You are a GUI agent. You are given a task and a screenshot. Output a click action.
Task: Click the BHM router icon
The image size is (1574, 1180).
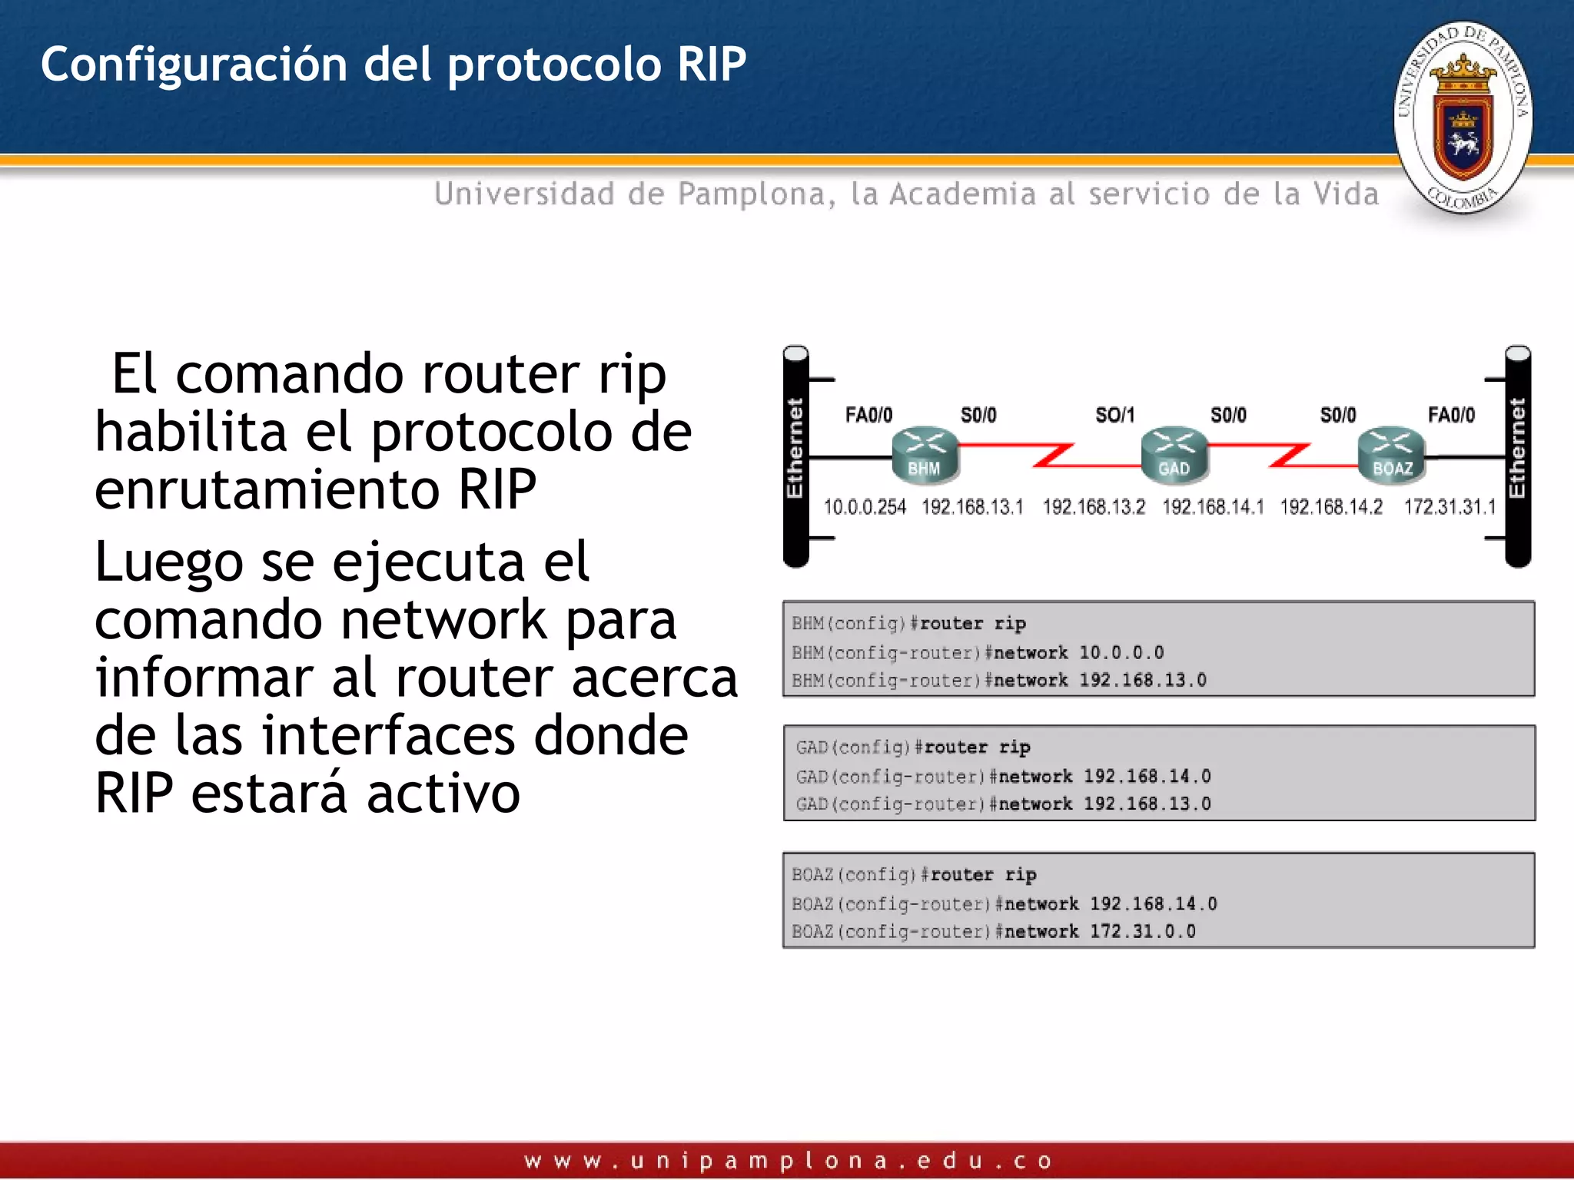pyautogui.click(x=925, y=455)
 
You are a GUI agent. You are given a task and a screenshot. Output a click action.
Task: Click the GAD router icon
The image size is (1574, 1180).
pyautogui.click(x=1174, y=455)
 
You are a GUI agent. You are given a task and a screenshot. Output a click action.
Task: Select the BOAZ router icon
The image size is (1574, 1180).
pyautogui.click(x=1391, y=455)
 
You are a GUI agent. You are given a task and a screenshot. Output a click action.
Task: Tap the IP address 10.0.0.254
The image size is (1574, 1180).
pyautogui.click(x=865, y=507)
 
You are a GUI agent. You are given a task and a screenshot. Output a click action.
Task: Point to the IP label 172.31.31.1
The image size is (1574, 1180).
pyautogui.click(x=1449, y=507)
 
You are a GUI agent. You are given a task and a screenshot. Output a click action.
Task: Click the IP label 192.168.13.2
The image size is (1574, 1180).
pyautogui.click(x=1093, y=507)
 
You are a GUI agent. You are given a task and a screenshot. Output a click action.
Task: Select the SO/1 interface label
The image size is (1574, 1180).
pyautogui.click(x=1114, y=416)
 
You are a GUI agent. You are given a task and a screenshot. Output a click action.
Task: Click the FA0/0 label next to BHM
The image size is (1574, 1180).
pyautogui.click(x=868, y=416)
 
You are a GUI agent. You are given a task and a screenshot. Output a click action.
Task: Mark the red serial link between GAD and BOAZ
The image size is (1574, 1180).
pyautogui.click(x=1288, y=455)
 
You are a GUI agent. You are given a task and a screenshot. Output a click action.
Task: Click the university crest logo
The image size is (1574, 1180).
pyautogui.click(x=1463, y=118)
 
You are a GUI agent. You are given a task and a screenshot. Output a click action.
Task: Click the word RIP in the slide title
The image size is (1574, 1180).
pyautogui.click(x=711, y=64)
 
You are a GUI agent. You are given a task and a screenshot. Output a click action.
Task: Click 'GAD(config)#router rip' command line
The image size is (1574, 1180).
pyautogui.click(x=913, y=747)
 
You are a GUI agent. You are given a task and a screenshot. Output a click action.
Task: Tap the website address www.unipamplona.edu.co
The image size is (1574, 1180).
pyautogui.click(x=787, y=1160)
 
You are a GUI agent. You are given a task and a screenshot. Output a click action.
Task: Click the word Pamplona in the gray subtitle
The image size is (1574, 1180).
pyautogui.click(x=751, y=194)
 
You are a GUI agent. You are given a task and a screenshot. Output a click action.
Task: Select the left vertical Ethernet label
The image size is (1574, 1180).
pyautogui.click(x=795, y=449)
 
